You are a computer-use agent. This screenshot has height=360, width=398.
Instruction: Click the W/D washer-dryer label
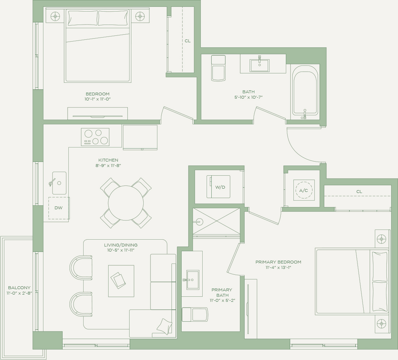220,187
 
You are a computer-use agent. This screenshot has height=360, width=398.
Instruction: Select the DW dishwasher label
58,208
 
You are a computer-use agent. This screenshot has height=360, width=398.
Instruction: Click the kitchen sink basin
59,183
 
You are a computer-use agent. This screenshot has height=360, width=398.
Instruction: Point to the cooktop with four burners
95,137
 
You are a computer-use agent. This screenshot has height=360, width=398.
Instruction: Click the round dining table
126,203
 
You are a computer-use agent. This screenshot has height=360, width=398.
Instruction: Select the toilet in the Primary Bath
195,314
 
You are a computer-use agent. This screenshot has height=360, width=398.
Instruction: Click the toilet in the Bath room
218,68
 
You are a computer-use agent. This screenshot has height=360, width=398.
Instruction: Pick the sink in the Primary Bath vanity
193,280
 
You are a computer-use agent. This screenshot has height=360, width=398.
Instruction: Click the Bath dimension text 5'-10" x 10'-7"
248,97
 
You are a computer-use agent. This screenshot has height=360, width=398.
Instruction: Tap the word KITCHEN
109,160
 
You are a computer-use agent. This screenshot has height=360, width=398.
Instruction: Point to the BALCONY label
19,288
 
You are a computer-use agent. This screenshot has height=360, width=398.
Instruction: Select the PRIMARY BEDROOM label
278,262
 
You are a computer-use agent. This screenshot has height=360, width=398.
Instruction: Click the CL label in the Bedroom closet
187,41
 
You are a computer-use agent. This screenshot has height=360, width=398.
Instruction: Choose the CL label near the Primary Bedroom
359,192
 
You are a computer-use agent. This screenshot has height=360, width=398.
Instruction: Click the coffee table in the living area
121,281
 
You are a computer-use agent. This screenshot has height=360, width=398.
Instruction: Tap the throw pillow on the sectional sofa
164,327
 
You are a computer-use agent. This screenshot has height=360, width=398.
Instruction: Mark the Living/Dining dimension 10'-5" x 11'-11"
121,250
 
